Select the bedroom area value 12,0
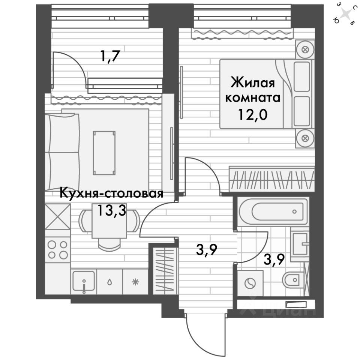click(252, 114)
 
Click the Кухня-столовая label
click(111, 194)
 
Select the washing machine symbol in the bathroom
click(250, 283)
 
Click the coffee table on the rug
click(104, 153)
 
